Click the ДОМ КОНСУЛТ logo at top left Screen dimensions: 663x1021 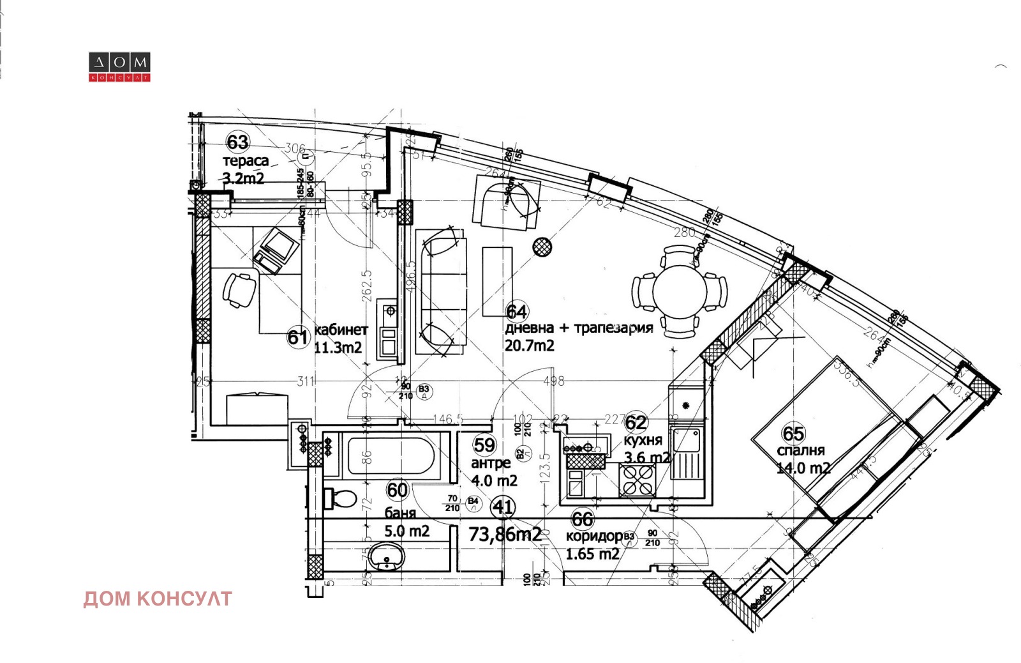pyautogui.click(x=119, y=67)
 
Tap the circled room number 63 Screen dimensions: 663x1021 pyautogui.click(x=237, y=142)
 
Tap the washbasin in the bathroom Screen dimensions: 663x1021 pyautogui.click(x=387, y=557)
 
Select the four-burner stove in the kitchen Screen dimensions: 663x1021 pyautogui.click(x=637, y=480)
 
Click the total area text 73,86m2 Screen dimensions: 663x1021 pyautogui.click(x=505, y=534)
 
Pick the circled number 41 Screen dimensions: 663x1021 pyautogui.click(x=503, y=508)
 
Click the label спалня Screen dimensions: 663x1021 pyautogui.click(x=801, y=450)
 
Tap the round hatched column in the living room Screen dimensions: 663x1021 pyautogui.click(x=543, y=247)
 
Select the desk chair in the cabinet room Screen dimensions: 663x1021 pyautogui.click(x=239, y=289)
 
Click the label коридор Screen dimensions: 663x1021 pyautogui.click(x=594, y=536)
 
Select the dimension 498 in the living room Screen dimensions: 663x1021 pyautogui.click(x=553, y=381)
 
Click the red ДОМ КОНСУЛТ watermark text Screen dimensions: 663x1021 pyautogui.click(x=158, y=599)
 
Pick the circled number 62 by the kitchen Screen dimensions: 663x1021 pyautogui.click(x=636, y=422)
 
